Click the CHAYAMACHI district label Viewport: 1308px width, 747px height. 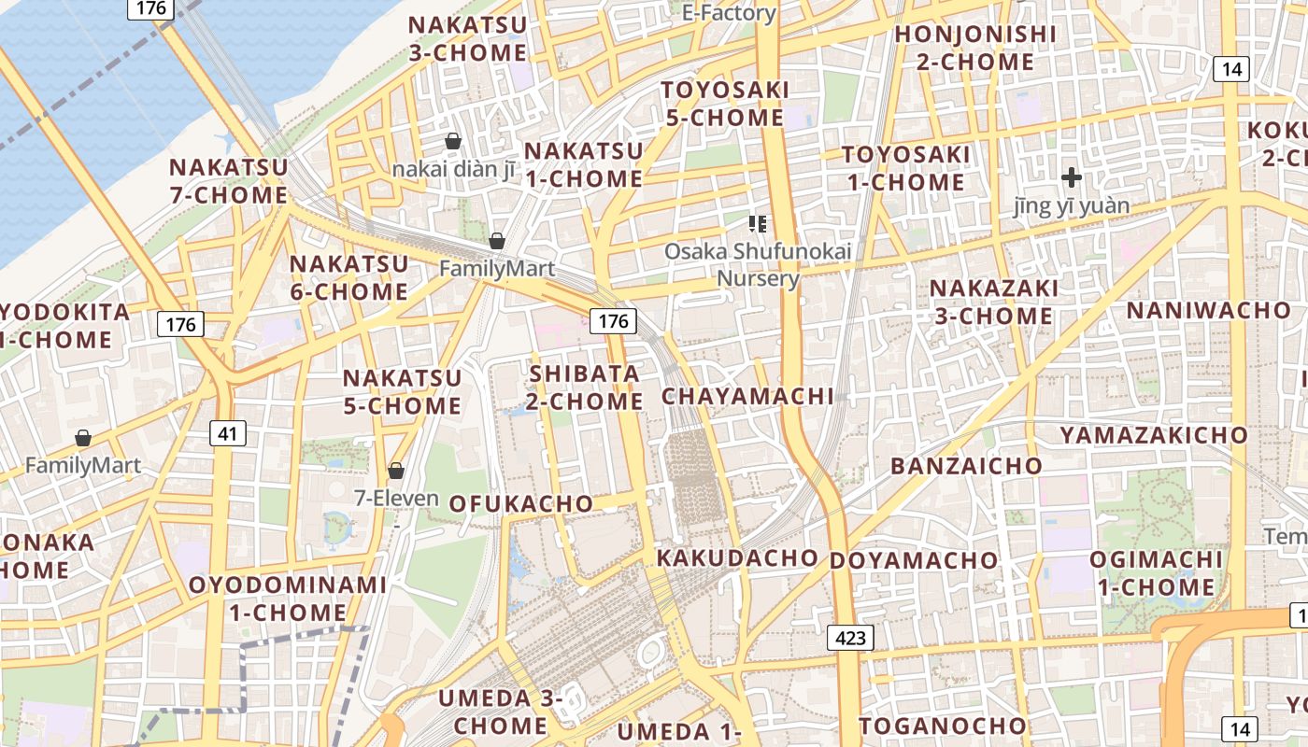pyautogui.click(x=747, y=396)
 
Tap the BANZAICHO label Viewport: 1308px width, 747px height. pyautogui.click(x=966, y=466)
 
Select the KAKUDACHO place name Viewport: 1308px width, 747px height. pyautogui.click(x=737, y=558)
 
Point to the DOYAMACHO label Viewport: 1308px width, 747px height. pyautogui.click(x=914, y=560)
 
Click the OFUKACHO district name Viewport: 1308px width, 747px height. pyautogui.click(x=520, y=503)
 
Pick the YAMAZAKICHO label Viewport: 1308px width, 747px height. pyautogui.click(x=1154, y=435)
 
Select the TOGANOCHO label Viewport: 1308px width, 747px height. pyautogui.click(x=943, y=726)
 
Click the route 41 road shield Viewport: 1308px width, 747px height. pyautogui.click(x=227, y=432)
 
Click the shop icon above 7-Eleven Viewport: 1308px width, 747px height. pyautogui.click(x=396, y=470)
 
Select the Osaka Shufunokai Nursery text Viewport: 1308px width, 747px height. pyautogui.click(x=758, y=264)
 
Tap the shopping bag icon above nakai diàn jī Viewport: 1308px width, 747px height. pyautogui.click(x=453, y=141)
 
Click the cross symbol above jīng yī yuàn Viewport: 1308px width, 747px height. pyautogui.click(x=1072, y=176)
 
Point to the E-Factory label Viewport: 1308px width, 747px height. pyautogui.click(x=729, y=13)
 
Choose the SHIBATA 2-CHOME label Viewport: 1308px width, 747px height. pyautogui.click(x=586, y=388)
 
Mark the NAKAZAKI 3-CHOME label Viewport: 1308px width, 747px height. pyautogui.click(x=994, y=302)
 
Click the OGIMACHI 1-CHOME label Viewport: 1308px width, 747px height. pyautogui.click(x=1156, y=573)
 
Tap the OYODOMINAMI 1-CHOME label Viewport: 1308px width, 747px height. pyautogui.click(x=288, y=599)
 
